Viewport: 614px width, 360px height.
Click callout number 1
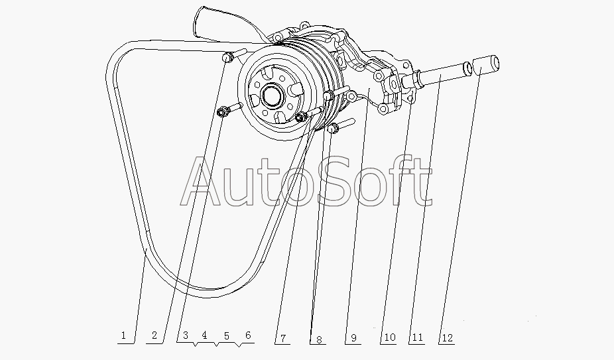tap(124, 335)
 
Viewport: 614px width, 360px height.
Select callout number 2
tap(154, 335)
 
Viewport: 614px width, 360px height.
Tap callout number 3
tap(186, 335)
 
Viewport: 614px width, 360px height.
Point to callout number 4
tap(204, 335)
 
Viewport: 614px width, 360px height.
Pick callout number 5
tap(227, 335)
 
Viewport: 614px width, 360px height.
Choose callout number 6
tap(248, 335)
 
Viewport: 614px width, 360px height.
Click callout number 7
tap(282, 338)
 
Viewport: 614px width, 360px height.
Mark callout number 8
tap(319, 339)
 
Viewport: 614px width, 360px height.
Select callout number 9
tap(353, 338)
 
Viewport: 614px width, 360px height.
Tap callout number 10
tap(390, 337)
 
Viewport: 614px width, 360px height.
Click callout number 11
tap(417, 337)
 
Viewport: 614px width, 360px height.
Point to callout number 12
tap(447, 337)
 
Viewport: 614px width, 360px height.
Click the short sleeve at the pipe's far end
tap(486, 65)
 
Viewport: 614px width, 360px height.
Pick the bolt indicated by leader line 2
tap(234, 55)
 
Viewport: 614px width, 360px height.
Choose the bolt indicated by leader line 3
tap(229, 109)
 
